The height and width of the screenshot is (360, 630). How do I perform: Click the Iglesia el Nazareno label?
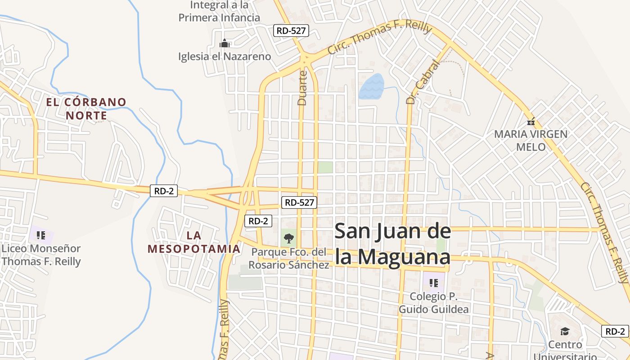click(x=225, y=56)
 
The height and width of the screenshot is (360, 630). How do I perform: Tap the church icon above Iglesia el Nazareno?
click(x=224, y=43)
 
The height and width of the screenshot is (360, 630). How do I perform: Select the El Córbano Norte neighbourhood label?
click(x=86, y=108)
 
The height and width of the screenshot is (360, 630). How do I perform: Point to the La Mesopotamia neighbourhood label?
click(x=194, y=242)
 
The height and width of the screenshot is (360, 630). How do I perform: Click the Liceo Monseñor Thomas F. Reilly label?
click(x=41, y=255)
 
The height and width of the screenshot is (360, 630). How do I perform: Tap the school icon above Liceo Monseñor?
click(x=41, y=235)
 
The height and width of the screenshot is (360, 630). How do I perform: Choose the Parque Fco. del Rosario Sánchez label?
click(x=289, y=258)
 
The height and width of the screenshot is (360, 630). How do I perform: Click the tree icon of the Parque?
click(x=289, y=238)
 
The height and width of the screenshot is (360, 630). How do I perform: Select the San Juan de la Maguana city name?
click(x=392, y=244)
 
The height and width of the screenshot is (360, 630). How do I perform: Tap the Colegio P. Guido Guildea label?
click(x=434, y=303)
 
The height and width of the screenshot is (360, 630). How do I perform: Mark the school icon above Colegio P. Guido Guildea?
click(x=434, y=283)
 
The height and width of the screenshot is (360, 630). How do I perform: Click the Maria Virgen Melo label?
click(x=531, y=140)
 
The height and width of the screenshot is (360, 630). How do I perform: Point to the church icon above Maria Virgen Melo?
click(x=531, y=121)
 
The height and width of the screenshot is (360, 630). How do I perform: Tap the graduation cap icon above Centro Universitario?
click(x=565, y=332)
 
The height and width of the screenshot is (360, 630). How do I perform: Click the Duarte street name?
click(x=302, y=88)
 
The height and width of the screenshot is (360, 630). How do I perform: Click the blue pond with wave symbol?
click(x=371, y=86)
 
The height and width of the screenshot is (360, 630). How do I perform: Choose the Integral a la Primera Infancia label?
click(x=220, y=11)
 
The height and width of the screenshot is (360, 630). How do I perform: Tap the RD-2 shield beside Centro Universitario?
click(x=615, y=331)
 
